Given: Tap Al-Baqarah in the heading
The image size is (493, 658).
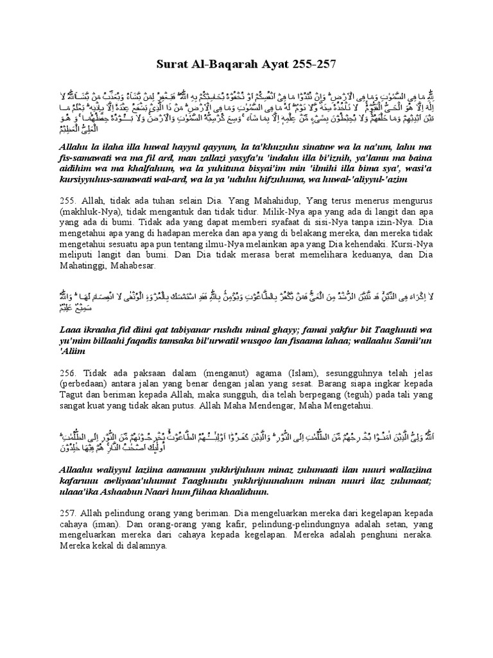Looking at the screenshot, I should point(229,65).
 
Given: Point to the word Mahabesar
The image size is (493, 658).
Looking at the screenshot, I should point(133,269).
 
